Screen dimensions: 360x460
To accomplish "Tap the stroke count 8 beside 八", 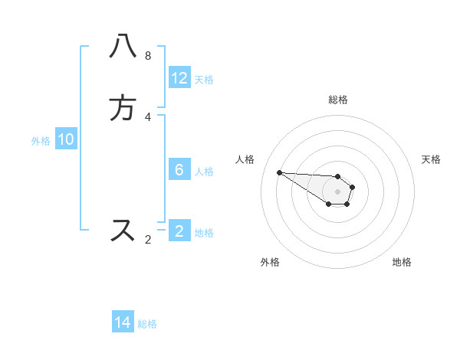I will [148, 56].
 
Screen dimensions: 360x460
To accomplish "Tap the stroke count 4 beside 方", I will [148, 116].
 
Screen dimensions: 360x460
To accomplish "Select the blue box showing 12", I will [179, 78].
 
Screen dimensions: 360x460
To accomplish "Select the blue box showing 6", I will [179, 170].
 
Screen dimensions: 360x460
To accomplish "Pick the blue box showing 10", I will [65, 139].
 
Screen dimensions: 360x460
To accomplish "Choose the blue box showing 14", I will [123, 322].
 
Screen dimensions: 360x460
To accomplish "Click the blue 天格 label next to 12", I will [204, 80].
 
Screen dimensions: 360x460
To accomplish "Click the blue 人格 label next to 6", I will [205, 172].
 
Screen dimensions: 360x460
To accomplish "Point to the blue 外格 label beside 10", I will [41, 141].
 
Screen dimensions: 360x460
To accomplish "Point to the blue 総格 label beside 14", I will [147, 324].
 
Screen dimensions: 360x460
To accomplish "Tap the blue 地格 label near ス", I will [204, 233].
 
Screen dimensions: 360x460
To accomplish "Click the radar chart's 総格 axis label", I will [337, 100].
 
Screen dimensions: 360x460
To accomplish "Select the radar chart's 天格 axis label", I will [431, 159].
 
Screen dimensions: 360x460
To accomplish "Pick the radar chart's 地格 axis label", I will [402, 262].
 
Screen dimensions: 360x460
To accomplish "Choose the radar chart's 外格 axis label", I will [270, 262].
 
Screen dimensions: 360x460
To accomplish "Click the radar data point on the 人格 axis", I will [279, 172].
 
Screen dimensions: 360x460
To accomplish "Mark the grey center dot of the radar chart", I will [337, 191].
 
